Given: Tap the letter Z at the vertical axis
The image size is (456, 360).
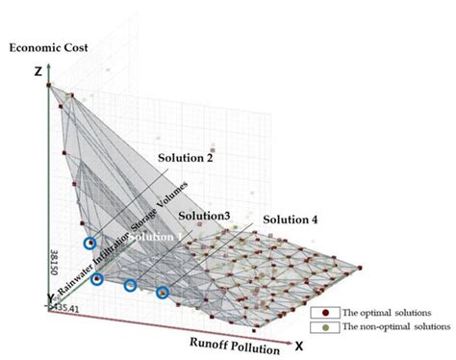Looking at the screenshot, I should coord(36,71).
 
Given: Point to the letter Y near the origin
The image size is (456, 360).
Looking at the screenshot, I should coord(37,297).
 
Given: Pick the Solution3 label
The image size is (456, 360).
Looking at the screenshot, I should coord(203,218).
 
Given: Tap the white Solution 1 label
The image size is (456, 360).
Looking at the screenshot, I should coord(154,237).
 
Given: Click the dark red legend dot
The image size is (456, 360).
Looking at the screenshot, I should coord(329,313).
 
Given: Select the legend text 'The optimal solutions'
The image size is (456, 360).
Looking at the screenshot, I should coord(384,313).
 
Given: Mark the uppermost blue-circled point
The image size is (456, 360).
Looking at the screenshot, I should coord(90,245).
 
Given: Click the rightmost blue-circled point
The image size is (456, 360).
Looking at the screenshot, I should coord(163,292).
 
